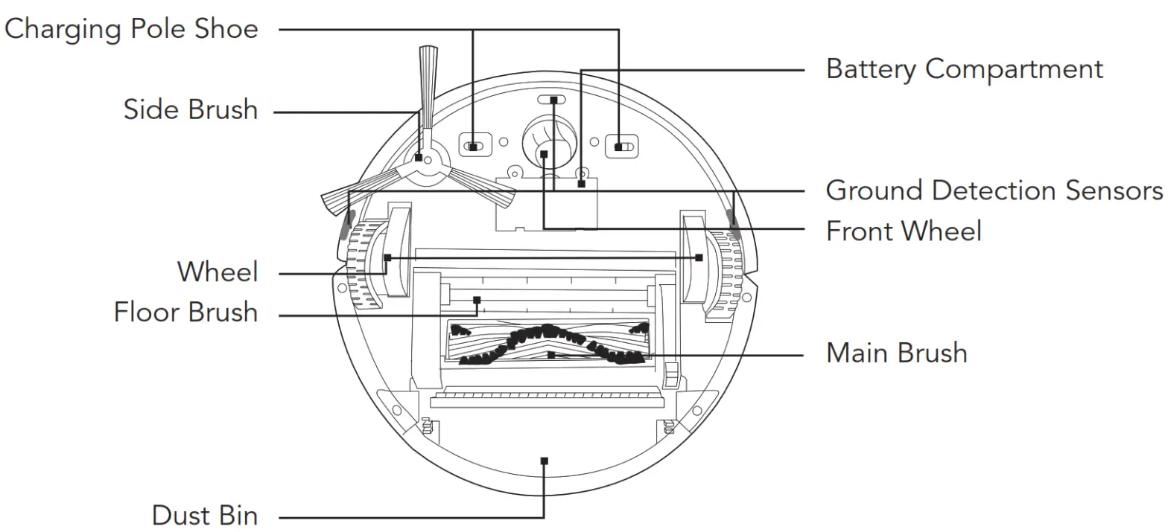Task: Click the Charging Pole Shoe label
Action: pyautogui.click(x=132, y=29)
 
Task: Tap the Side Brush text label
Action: pyautogui.click(x=191, y=110)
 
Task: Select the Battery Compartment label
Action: pyautogui.click(x=964, y=69)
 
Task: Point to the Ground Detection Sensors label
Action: pyautogui.click(x=994, y=190)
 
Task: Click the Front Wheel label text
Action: pyautogui.click(x=904, y=231)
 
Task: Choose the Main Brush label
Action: pyautogui.click(x=896, y=352)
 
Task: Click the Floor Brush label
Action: pyautogui.click(x=185, y=312)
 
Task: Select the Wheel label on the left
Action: pyautogui.click(x=218, y=272)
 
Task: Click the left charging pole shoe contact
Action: pyautogui.click(x=474, y=147)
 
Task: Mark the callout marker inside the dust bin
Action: pyautogui.click(x=545, y=461)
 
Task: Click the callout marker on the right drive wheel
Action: pyautogui.click(x=699, y=257)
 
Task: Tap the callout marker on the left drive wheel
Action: pyautogui.click(x=387, y=257)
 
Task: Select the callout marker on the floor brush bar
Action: pyautogui.click(x=477, y=301)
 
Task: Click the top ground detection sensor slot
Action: pyautogui.click(x=553, y=99)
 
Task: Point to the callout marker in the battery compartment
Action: pyautogui.click(x=581, y=183)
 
